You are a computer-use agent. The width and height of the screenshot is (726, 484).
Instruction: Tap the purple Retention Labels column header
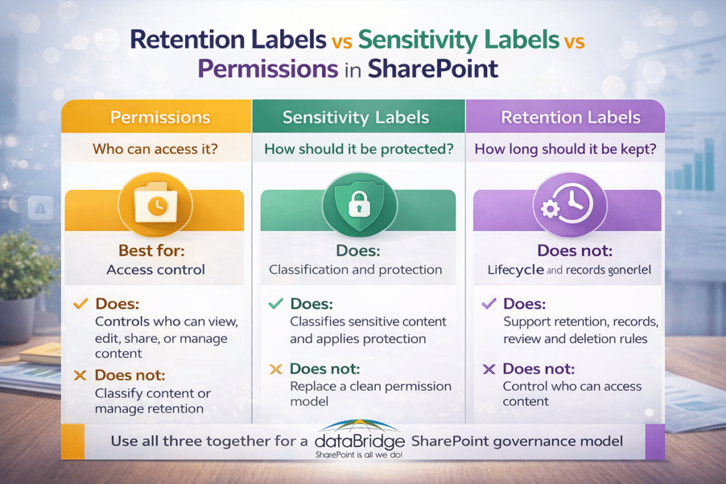pos(570,117)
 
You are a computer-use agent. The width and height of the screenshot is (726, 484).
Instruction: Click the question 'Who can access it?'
pos(157,150)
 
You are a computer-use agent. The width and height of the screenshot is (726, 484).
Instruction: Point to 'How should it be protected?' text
pos(359,150)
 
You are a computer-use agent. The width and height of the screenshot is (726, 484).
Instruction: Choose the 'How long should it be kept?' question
pos(566,150)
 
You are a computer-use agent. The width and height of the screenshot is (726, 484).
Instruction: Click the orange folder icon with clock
pos(155,205)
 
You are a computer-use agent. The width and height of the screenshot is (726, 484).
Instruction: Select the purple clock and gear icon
pos(566,206)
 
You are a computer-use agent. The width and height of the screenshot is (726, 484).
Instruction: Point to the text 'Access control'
pos(155,269)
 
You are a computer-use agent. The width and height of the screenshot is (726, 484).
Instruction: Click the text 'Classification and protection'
pos(355,269)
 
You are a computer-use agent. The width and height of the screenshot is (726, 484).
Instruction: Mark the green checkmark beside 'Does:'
pos(276,304)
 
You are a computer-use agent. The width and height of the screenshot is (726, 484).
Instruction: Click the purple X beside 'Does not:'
pos(488,368)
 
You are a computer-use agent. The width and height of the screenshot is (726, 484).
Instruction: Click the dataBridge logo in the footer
pos(359,440)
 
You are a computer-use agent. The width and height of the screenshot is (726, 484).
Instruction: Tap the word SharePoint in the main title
pos(437,69)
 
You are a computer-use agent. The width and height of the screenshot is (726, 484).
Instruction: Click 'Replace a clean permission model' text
pos(370,394)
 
